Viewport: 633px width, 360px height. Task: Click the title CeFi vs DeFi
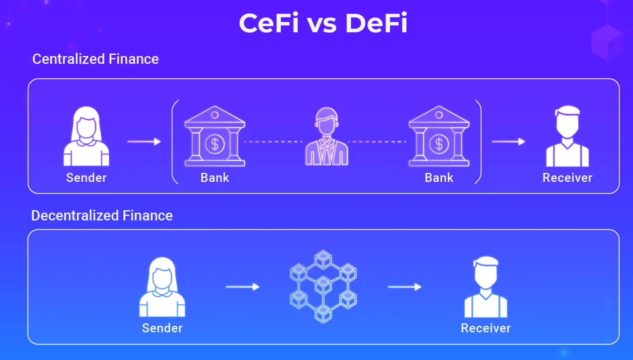pyautogui.click(x=323, y=23)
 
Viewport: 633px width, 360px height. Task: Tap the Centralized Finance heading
pyautogui.click(x=95, y=59)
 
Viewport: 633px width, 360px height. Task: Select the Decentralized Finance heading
pyautogui.click(x=102, y=215)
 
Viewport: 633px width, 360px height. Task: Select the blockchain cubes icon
pyautogui.click(x=323, y=287)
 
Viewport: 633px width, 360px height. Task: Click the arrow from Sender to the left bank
pyautogui.click(x=144, y=142)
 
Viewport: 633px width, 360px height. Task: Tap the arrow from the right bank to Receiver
pyautogui.click(x=508, y=142)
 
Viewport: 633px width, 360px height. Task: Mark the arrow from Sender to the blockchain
pyautogui.click(x=242, y=287)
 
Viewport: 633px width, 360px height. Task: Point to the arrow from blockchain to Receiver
pyautogui.click(x=405, y=287)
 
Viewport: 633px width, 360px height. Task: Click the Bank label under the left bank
pyautogui.click(x=214, y=178)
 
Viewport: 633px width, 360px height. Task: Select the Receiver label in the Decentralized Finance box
pyautogui.click(x=486, y=328)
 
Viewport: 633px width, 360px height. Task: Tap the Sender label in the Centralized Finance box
pyautogui.click(x=86, y=178)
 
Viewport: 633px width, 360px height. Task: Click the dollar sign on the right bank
pyautogui.click(x=439, y=144)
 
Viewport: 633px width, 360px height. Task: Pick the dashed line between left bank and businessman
pyautogui.click(x=273, y=142)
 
